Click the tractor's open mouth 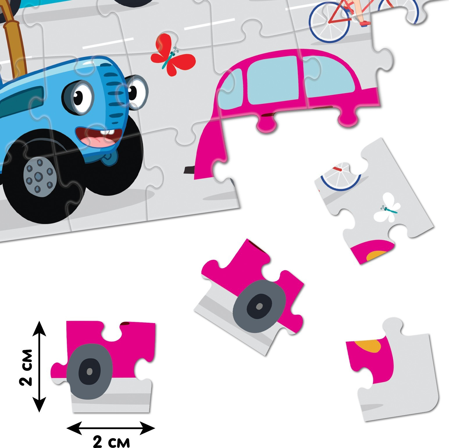(98, 137)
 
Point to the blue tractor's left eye (79, 97)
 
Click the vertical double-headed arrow (40, 366)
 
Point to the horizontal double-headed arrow (111, 428)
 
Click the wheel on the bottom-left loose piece (89, 371)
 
